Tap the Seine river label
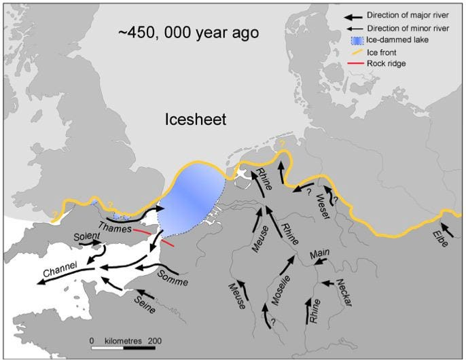tap(143, 303)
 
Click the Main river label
tap(319, 253)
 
